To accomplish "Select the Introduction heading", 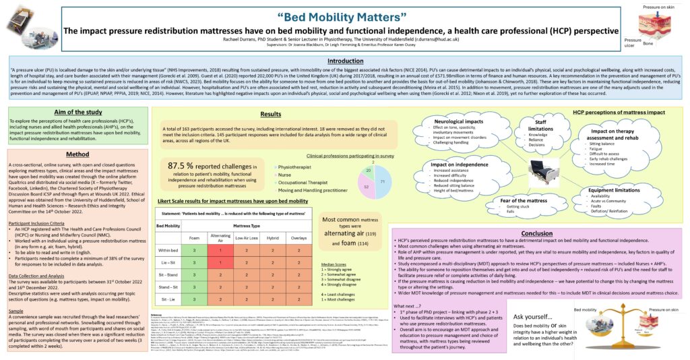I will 344,61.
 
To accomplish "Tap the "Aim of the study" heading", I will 77,111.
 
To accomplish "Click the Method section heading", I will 77,154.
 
